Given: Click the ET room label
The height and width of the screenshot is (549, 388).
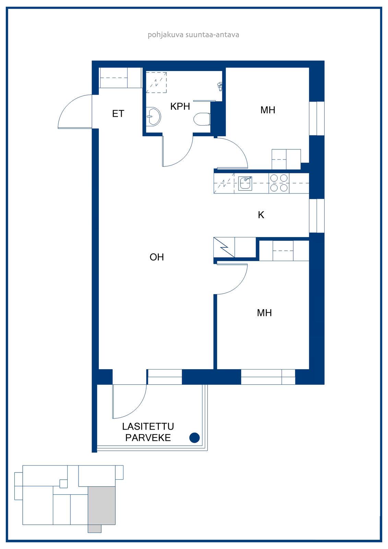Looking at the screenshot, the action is point(118,114).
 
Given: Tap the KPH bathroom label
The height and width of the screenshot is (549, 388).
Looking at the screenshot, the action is point(180,106).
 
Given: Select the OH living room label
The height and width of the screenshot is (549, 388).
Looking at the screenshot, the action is point(157,257).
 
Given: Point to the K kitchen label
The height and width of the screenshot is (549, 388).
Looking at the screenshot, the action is point(261,215).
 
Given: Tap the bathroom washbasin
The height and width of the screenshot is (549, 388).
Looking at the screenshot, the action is point(153,117).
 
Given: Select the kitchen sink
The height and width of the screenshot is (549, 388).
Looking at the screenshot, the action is point(245,183).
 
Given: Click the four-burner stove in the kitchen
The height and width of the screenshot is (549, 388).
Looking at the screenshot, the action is point(279,183).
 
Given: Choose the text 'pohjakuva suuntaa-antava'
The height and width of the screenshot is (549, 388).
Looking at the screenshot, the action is point(193,35).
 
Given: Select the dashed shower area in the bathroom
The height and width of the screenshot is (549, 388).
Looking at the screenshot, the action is point(156,82).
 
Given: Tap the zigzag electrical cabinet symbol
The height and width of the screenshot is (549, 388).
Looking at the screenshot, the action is point(224,247).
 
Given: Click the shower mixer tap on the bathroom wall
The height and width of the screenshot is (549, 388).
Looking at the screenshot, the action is point(220,86).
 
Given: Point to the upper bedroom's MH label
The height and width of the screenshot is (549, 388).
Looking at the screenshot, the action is point(268,110).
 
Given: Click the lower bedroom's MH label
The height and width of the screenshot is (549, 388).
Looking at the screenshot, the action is point(264,313).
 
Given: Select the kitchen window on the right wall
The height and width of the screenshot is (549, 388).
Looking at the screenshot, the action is point(317,216).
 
